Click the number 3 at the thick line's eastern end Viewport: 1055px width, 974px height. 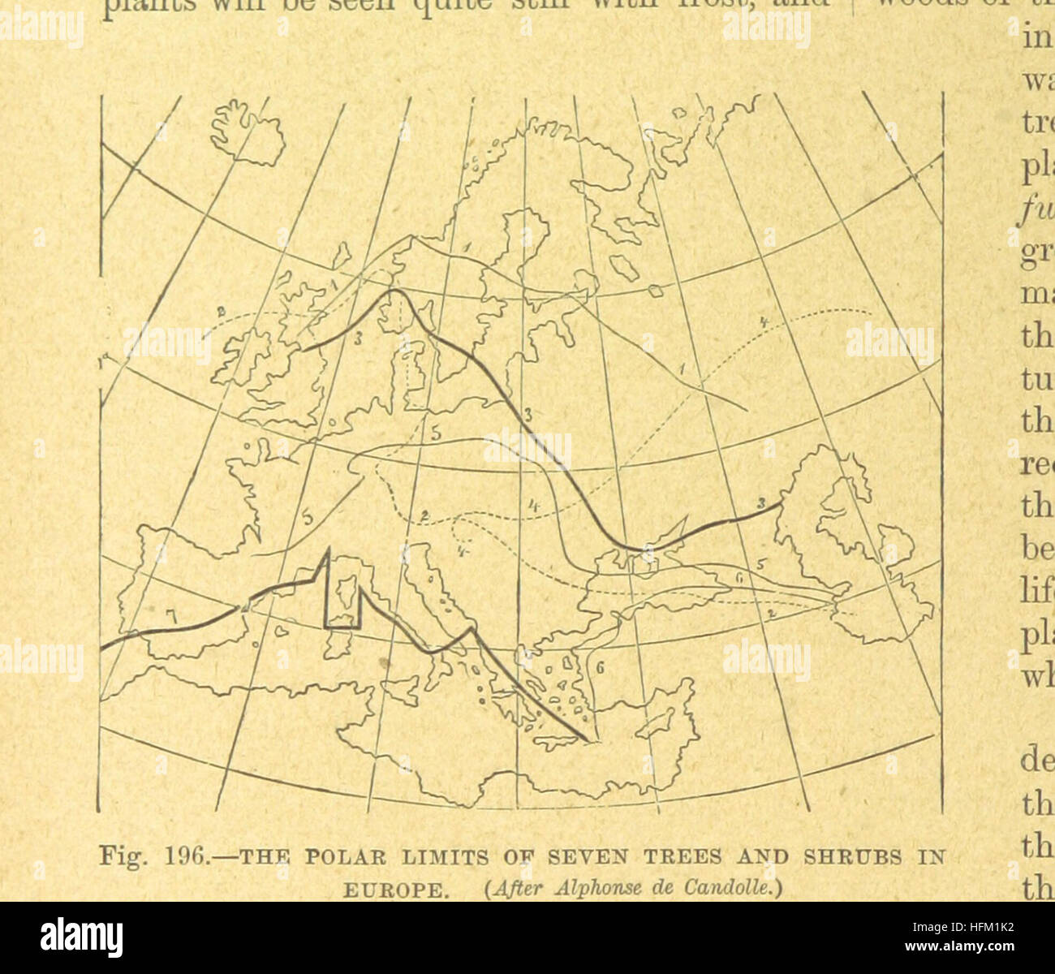pyautogui.click(x=761, y=505)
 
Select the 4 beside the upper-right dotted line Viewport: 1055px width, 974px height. pyautogui.click(x=763, y=323)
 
